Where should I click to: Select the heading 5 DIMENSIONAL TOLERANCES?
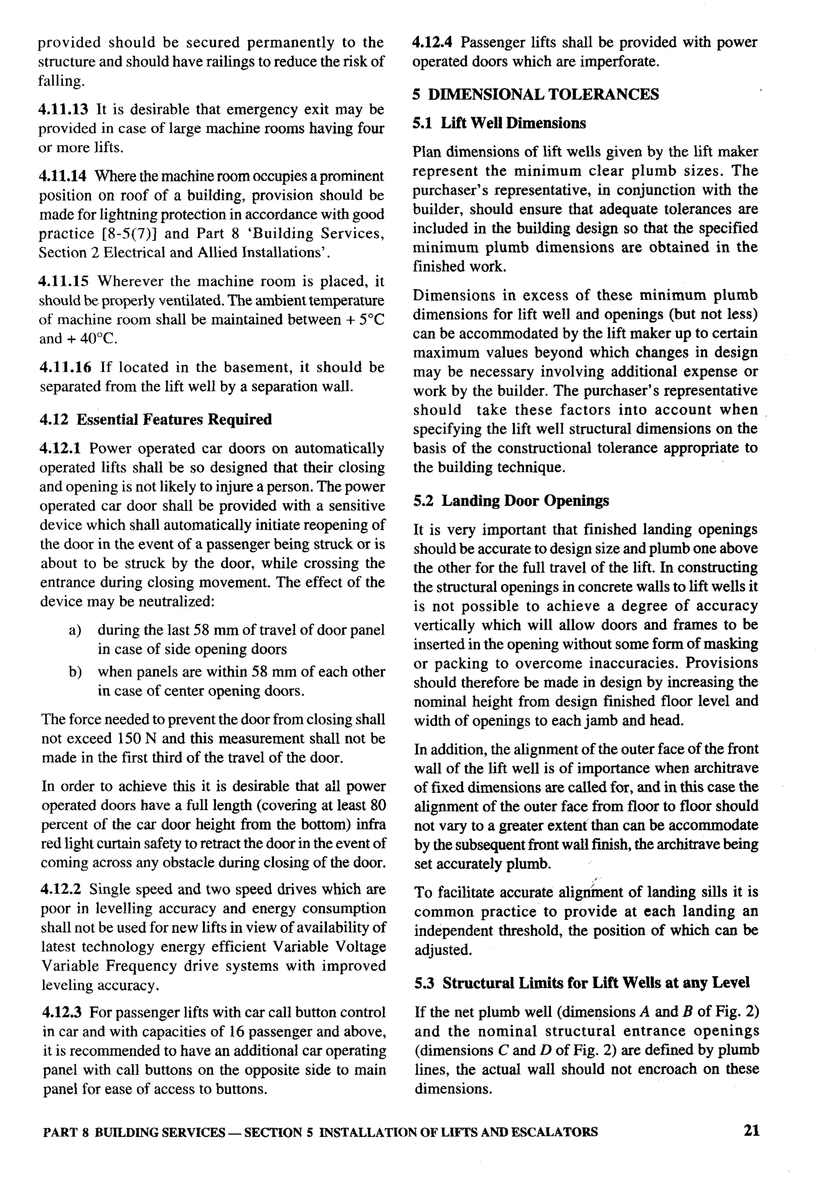pos(536,94)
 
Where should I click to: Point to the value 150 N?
pos(137,738)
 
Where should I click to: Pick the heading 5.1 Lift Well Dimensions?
pos(499,123)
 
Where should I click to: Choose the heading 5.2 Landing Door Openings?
pos(511,500)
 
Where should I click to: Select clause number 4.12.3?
pos(62,1013)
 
